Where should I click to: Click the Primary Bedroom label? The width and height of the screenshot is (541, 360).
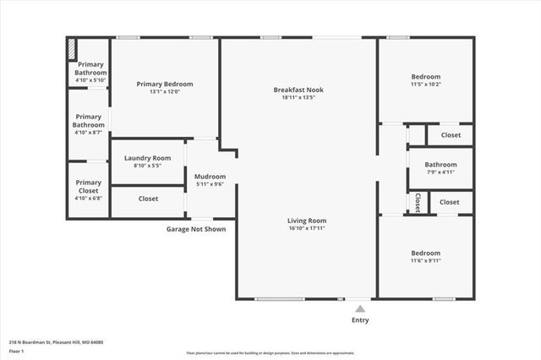pos(165,84)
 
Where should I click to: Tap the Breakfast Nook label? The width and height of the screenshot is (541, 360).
pos(298,90)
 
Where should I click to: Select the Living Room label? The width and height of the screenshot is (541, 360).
pos(307,221)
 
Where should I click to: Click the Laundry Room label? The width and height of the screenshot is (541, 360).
pos(147,158)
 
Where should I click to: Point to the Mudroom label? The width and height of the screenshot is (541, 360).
pos(210,177)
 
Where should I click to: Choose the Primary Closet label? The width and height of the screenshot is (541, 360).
pos(89,187)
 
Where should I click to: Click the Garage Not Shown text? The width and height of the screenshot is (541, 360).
pos(195,228)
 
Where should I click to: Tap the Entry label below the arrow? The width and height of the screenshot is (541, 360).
pos(359,320)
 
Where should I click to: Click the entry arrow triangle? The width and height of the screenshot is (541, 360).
pos(359,309)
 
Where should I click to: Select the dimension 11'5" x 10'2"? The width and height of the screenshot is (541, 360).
pos(425,84)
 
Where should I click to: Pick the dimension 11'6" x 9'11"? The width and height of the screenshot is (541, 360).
pos(425,260)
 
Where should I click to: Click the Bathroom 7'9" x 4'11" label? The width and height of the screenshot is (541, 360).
pos(440,165)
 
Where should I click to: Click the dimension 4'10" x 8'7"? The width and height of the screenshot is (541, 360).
pos(89,133)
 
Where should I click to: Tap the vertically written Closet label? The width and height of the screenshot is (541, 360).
pos(418,203)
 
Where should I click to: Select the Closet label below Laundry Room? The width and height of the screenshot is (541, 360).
pos(148,199)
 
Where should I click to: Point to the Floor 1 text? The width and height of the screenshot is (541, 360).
pos(17,350)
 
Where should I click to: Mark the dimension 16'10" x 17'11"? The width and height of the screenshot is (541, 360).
pos(307,228)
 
